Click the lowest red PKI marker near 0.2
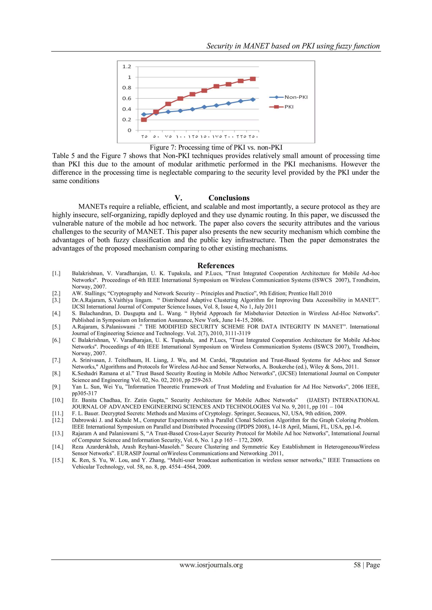coord(144,119)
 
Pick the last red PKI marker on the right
coord(253,79)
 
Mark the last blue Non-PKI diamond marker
coord(253,100)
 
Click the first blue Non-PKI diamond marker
coord(144,114)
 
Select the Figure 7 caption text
coord(216,147)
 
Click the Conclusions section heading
coord(229,198)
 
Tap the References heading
coord(216,266)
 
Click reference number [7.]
coord(56,360)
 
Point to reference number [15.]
coord(57,460)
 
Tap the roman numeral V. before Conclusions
coord(178,198)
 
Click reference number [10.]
coord(57,400)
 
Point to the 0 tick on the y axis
coord(129,130)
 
